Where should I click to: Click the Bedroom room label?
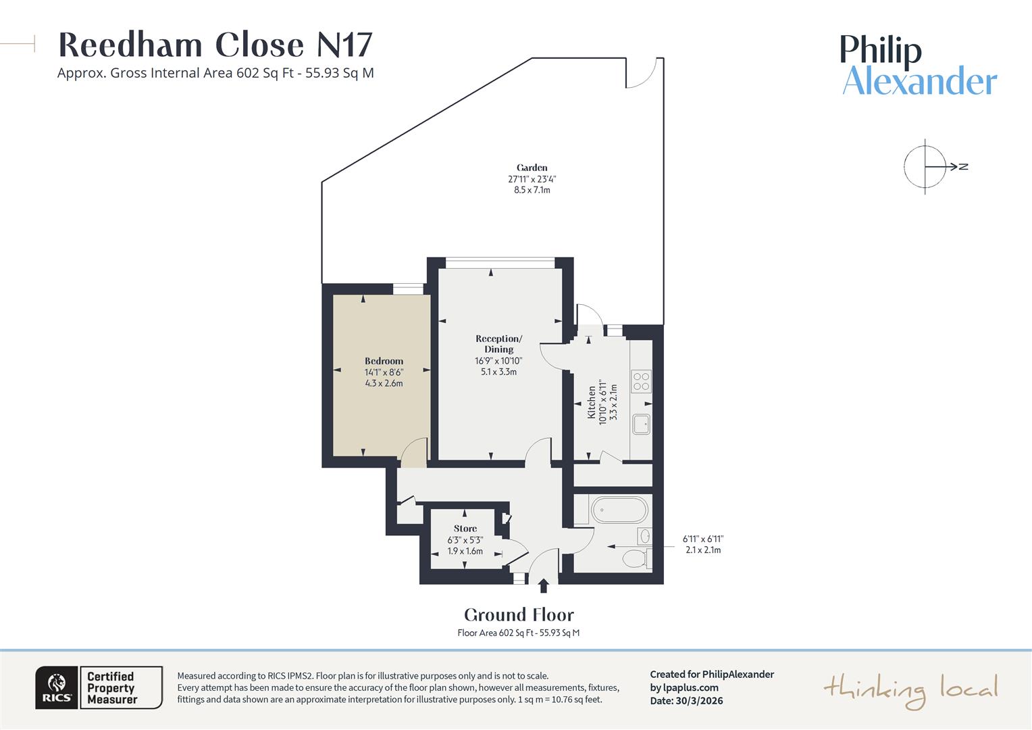pos(384,362)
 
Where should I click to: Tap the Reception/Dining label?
pos(498,344)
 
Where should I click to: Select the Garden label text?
pos(532,168)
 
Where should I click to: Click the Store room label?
pos(465,529)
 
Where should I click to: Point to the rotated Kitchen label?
pos(592,403)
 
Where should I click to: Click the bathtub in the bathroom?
pos(618,510)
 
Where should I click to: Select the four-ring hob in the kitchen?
pos(641,382)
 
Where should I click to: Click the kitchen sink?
pos(641,424)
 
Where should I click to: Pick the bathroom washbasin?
pos(644,536)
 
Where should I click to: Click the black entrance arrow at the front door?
pos(543,585)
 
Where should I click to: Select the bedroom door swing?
pos(414,452)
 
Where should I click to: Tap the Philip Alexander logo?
pos(919,66)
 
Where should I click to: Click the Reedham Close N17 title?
pos(215,45)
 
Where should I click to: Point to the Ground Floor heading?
pos(519,615)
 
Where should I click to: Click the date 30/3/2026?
pos(699,700)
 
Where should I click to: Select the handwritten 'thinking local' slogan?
pos(910,690)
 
